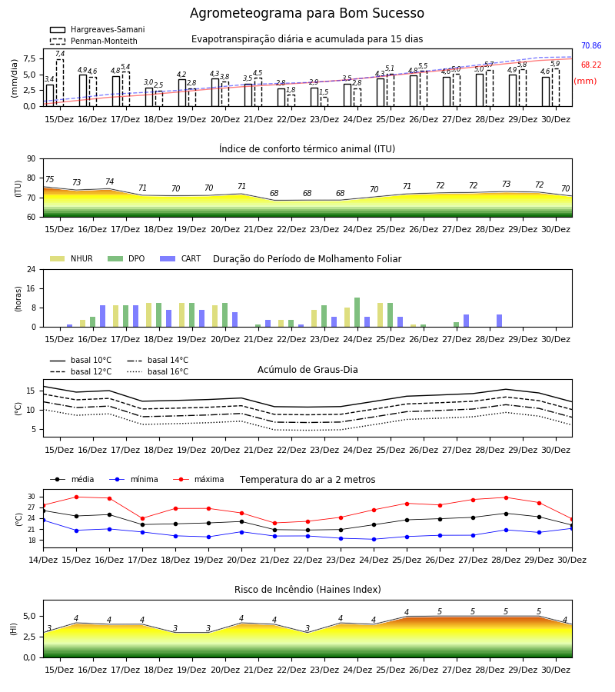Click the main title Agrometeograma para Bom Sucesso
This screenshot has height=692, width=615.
[307, 13]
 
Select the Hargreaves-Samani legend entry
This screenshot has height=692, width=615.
[98, 29]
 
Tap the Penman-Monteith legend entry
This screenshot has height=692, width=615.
[94, 41]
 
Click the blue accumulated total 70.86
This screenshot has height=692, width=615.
[591, 45]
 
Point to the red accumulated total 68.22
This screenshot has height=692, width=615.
[591, 65]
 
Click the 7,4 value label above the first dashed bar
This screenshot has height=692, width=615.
[60, 54]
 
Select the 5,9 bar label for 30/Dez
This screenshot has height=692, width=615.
[555, 64]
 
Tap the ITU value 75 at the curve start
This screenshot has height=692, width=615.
[49, 179]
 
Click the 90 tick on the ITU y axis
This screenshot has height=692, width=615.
[32, 159]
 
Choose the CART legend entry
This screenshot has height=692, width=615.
[181, 258]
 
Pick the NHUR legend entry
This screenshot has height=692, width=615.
[71, 258]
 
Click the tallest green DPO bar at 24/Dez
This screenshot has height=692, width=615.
[357, 312]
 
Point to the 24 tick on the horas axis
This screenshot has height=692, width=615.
[32, 269]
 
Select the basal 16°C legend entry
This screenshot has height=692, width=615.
[158, 371]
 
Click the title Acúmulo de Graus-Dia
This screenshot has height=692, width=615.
[307, 369]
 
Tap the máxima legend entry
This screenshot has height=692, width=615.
[198, 479]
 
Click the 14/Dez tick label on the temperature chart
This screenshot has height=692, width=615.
[43, 560]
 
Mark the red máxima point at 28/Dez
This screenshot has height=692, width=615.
[506, 497]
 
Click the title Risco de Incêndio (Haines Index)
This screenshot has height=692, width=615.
[307, 590]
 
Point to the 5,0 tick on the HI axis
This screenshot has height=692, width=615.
[29, 616]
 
